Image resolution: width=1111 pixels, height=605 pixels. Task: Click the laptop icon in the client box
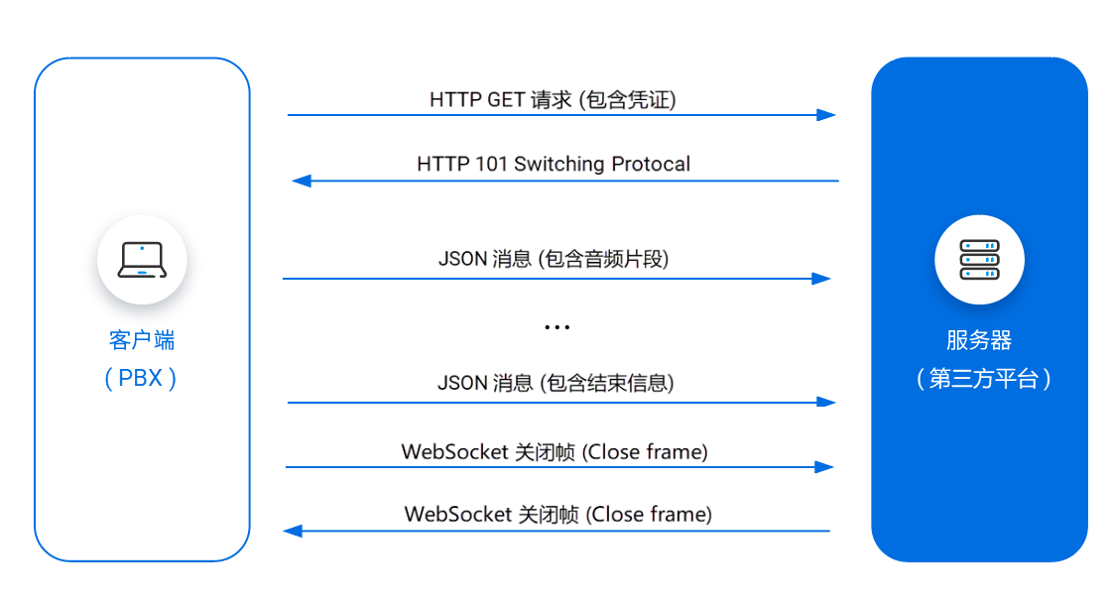coord(142,260)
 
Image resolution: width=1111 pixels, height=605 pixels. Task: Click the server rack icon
coord(979,260)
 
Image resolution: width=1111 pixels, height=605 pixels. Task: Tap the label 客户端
coord(142,340)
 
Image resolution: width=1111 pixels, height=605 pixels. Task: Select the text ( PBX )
coord(142,379)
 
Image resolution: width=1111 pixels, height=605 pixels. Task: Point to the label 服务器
coord(979,340)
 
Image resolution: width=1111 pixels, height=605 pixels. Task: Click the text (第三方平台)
coord(982,379)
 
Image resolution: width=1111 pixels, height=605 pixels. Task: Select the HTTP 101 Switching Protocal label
coord(554,164)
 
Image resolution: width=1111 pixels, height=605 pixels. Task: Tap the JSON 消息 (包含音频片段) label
coord(554,259)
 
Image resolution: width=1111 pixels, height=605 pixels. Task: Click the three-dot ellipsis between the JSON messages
coord(556,326)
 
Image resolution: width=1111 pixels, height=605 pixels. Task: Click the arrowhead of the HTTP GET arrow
coord(826,115)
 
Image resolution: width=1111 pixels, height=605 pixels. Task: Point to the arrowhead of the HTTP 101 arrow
coord(302,181)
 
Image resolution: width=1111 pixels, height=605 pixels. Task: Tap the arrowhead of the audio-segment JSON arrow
coord(821,279)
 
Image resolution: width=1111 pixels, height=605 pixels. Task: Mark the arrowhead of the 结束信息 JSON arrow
coord(826,403)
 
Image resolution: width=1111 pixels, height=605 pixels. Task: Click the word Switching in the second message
coord(556,164)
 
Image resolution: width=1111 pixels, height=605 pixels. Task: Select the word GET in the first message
coord(506,99)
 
